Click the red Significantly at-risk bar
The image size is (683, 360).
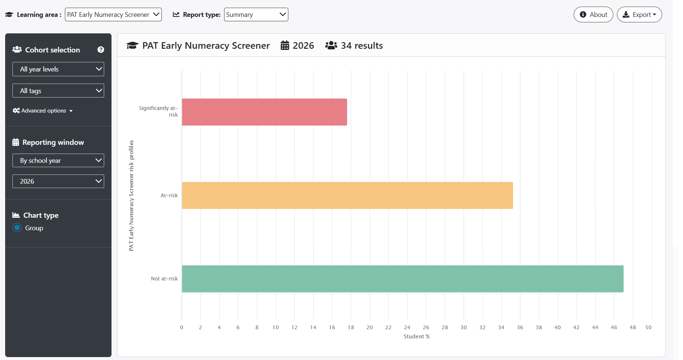click(x=264, y=112)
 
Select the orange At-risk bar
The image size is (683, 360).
click(x=347, y=195)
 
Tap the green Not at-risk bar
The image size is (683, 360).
click(x=403, y=279)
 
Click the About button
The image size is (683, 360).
click(x=593, y=15)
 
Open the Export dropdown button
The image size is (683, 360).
click(x=639, y=15)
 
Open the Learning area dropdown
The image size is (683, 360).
click(x=113, y=15)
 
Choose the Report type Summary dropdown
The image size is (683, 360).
click(x=256, y=15)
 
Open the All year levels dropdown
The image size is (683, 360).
click(x=58, y=69)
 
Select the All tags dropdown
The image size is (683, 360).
click(x=58, y=91)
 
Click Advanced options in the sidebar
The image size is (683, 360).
click(x=43, y=111)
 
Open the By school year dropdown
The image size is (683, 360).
click(x=58, y=160)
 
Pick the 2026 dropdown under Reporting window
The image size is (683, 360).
click(x=58, y=181)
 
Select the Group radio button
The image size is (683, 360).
click(x=17, y=228)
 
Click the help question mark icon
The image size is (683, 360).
click(x=101, y=50)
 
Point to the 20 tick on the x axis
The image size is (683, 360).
click(x=370, y=327)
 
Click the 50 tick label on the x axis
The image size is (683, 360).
click(x=649, y=327)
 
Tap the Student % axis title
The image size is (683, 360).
click(x=417, y=337)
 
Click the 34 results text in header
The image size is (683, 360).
click(x=362, y=45)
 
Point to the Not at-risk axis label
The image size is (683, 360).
click(x=164, y=279)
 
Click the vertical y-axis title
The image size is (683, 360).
click(x=131, y=196)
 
